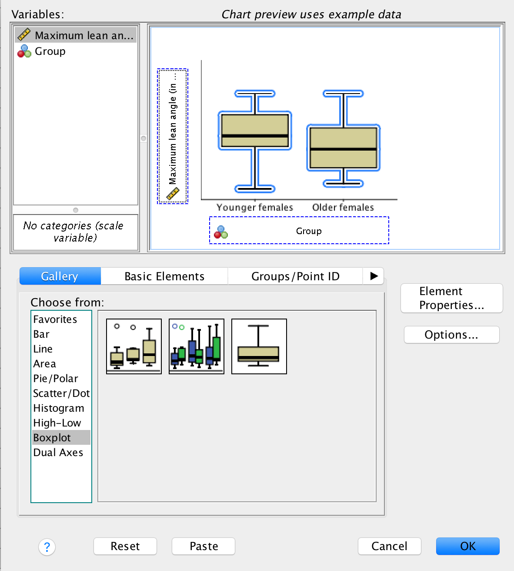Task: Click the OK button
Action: [x=467, y=546]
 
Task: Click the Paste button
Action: [x=204, y=546]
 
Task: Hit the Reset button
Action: [x=125, y=546]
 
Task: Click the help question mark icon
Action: [x=47, y=547]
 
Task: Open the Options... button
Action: [x=451, y=335]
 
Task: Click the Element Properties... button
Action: [x=451, y=298]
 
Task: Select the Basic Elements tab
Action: [x=164, y=276]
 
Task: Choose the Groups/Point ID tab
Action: [x=295, y=276]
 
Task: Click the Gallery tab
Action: [x=60, y=276]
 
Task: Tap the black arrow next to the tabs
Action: [x=374, y=276]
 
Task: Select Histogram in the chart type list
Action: [x=59, y=408]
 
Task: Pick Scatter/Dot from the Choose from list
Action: [x=61, y=393]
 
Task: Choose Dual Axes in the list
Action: [x=58, y=453]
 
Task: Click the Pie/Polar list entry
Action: [x=56, y=379]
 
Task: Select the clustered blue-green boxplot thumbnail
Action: [x=197, y=346]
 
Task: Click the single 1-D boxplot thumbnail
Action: [x=259, y=346]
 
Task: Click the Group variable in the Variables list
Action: [x=50, y=51]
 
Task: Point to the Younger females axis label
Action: [x=255, y=208]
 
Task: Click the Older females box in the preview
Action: [x=344, y=148]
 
